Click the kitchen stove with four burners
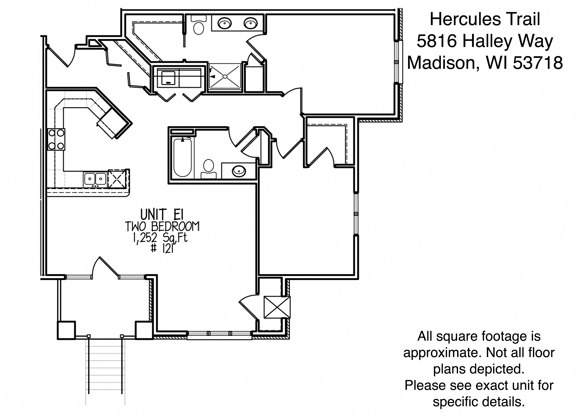[x=56, y=139]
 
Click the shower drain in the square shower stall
[x=225, y=76]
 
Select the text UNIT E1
[x=162, y=214]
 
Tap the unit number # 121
[x=162, y=248]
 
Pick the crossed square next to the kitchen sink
[x=117, y=179]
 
